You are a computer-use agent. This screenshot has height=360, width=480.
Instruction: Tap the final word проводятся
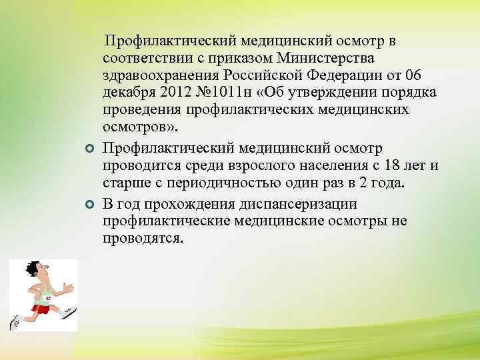141,237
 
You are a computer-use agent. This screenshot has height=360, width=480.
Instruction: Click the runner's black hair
31,268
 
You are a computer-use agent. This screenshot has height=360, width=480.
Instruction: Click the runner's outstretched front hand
69,286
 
